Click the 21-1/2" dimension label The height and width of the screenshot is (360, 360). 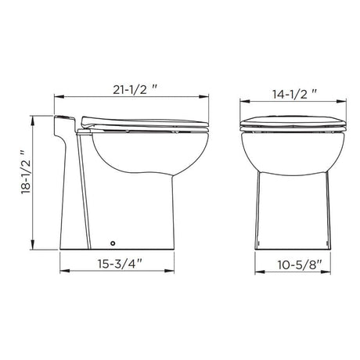click(x=135, y=90)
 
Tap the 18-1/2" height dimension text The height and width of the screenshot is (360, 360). click(x=27, y=172)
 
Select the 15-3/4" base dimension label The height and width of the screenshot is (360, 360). click(x=120, y=264)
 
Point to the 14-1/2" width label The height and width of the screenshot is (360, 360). click(x=295, y=95)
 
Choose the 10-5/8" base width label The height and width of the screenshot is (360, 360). click(x=299, y=265)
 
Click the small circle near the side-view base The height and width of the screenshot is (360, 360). click(x=113, y=243)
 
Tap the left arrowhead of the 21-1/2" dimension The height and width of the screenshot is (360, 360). click(x=59, y=97)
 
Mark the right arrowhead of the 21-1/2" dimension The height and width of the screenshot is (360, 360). click(x=204, y=97)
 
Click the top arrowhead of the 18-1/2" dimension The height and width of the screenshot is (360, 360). click(x=32, y=121)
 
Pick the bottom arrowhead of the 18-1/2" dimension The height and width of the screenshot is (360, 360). click(x=32, y=245)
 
